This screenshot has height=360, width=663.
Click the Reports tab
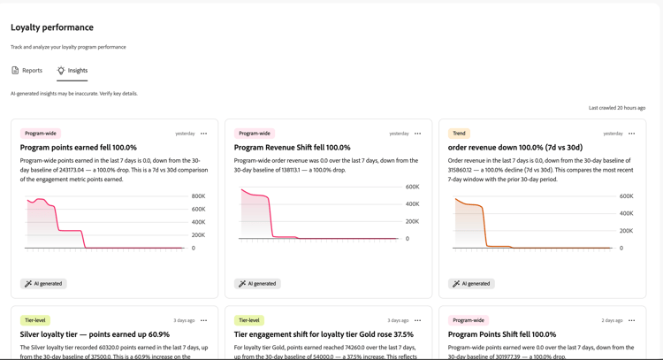27,70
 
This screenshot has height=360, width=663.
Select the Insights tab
72,70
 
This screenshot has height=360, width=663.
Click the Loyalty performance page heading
52,27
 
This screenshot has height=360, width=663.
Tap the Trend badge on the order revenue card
459,134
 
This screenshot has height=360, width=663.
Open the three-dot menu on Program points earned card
204,134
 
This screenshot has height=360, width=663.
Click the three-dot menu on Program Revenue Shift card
418,134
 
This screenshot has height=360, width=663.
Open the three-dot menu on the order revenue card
632,134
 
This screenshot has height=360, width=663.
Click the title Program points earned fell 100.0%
78,148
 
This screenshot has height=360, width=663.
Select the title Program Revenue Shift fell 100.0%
293,148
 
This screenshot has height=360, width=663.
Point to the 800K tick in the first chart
198,196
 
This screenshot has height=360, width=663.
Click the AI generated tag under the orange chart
471,283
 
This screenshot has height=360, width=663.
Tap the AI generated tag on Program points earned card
43,283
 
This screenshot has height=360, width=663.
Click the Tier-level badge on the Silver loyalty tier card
35,320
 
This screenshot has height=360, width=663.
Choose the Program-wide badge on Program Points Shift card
469,320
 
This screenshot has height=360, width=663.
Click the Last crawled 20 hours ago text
617,108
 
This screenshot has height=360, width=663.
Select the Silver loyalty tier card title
95,334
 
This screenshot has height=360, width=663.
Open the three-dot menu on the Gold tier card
418,321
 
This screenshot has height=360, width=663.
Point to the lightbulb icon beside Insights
61,70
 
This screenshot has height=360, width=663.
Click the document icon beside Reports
15,70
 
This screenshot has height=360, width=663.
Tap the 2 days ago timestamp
612,321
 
